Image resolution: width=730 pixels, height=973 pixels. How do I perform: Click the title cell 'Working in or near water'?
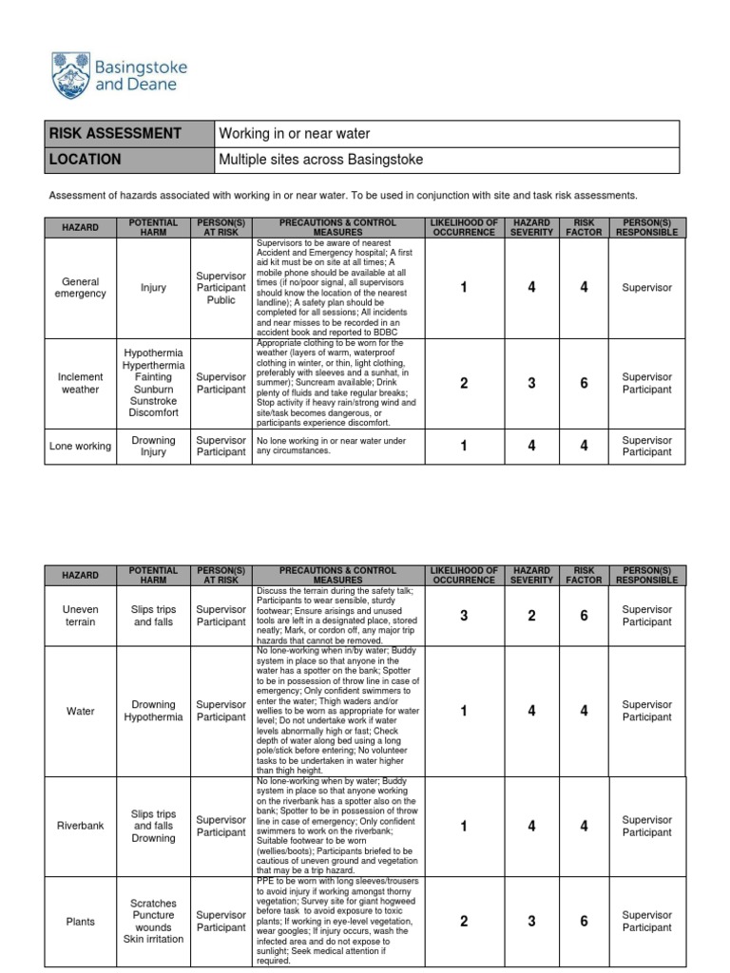point(294,134)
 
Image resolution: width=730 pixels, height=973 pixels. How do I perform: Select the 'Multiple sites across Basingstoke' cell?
point(320,160)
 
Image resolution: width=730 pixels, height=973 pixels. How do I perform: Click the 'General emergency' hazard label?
point(81,288)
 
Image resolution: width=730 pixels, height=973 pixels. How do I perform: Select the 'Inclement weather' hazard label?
point(81,383)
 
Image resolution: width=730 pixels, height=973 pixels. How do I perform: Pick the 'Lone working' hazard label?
point(81,446)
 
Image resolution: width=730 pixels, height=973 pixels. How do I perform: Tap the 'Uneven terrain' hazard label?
point(81,616)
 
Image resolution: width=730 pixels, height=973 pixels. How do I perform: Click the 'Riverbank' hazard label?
point(81,826)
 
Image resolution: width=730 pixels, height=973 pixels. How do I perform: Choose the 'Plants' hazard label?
point(81,921)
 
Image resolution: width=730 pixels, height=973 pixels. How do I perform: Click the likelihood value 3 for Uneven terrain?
point(464,616)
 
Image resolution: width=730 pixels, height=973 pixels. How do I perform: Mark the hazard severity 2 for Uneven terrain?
point(532,616)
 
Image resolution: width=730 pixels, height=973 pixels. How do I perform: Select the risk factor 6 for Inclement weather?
point(585,383)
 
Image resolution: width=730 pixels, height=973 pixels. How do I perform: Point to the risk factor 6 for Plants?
point(585,921)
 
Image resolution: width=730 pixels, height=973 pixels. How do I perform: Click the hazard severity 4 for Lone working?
point(532,446)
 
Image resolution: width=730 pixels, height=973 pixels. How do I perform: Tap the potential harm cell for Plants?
point(153,921)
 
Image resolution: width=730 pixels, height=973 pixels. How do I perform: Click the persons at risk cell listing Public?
point(221,288)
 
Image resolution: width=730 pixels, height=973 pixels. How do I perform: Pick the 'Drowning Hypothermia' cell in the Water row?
point(153,711)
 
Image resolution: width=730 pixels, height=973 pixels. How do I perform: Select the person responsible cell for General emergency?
point(646,288)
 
